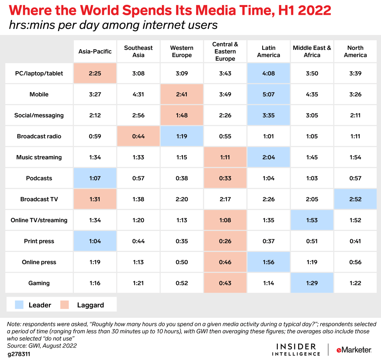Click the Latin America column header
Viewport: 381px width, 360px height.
click(269, 51)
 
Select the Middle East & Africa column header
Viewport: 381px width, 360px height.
click(312, 51)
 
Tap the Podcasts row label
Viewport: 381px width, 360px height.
click(39, 178)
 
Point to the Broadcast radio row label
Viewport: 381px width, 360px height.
click(39, 136)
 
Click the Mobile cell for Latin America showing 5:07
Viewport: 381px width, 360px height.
click(269, 94)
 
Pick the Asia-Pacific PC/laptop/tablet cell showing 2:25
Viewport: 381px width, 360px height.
click(95, 73)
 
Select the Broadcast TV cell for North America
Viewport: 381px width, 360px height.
click(355, 199)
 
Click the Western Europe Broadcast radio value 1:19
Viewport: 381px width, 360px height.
click(182, 136)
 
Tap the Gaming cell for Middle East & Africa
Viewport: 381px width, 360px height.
click(312, 283)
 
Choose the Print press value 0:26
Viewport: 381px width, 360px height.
click(225, 241)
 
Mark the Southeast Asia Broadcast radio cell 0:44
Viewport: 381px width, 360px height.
click(138, 136)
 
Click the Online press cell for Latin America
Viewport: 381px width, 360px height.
click(269, 262)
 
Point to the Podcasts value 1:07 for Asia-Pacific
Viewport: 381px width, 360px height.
click(95, 178)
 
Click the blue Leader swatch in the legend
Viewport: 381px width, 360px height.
click(19, 305)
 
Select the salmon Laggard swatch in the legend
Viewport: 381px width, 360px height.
click(65, 305)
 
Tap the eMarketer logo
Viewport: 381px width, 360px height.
click(354, 350)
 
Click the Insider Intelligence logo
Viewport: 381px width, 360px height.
click(296, 350)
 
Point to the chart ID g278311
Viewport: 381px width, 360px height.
click(19, 354)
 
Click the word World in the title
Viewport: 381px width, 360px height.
click(99, 10)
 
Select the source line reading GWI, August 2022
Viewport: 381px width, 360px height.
click(42, 346)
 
